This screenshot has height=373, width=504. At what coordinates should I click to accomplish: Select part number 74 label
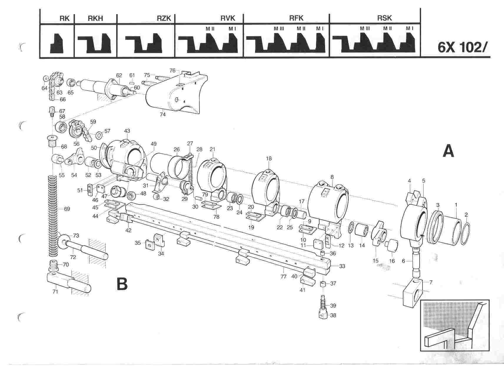(x=162, y=115)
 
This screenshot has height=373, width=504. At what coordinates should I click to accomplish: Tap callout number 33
(x=342, y=266)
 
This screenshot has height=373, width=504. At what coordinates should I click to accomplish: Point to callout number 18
(x=269, y=158)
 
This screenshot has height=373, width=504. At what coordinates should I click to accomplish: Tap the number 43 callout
(x=127, y=131)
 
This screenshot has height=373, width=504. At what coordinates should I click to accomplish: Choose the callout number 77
(x=283, y=277)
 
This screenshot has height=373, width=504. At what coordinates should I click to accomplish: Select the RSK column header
(x=384, y=18)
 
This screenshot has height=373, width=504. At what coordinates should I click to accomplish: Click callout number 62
(x=119, y=75)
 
